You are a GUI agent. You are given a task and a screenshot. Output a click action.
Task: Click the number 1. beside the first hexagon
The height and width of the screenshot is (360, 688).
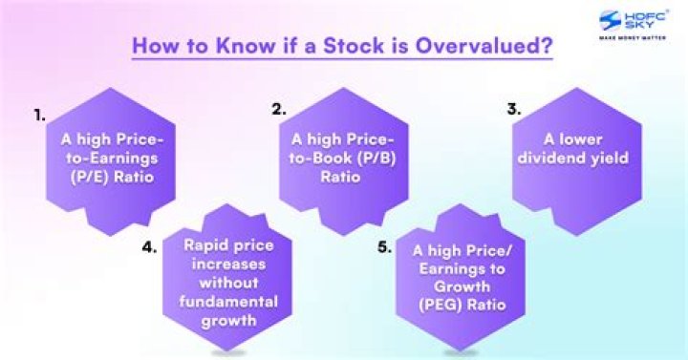point(39,115)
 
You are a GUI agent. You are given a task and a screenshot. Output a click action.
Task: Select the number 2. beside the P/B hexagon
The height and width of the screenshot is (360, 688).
point(279,110)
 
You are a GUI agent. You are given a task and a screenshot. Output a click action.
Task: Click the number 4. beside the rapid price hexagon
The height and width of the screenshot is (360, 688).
point(149,246)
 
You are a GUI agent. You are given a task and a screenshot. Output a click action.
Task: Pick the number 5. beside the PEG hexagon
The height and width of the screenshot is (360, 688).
point(384,246)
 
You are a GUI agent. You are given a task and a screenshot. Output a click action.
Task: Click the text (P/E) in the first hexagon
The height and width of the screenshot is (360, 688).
point(87,178)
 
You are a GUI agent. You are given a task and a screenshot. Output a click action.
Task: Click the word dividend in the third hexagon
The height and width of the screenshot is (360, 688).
point(558,159)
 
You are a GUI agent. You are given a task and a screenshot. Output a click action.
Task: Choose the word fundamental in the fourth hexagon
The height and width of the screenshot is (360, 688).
point(226,302)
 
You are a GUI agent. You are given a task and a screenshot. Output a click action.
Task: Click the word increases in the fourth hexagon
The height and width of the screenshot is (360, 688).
point(226,264)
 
